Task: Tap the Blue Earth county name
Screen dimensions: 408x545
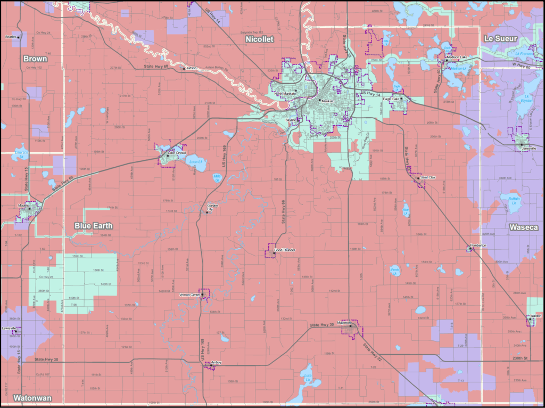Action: click(x=94, y=226)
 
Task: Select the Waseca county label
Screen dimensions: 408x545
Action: click(x=523, y=227)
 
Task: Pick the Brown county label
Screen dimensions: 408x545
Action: click(x=35, y=59)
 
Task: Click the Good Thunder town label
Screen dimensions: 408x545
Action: click(x=284, y=250)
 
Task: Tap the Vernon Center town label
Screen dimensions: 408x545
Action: click(x=189, y=295)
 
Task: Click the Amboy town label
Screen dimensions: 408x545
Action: click(x=216, y=362)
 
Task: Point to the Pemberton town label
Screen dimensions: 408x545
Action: click(x=478, y=245)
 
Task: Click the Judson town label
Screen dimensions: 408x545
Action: click(x=191, y=68)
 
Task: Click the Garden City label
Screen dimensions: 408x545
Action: click(x=212, y=207)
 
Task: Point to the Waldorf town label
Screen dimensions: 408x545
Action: click(x=536, y=316)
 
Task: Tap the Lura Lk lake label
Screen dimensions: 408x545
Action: click(x=308, y=376)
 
